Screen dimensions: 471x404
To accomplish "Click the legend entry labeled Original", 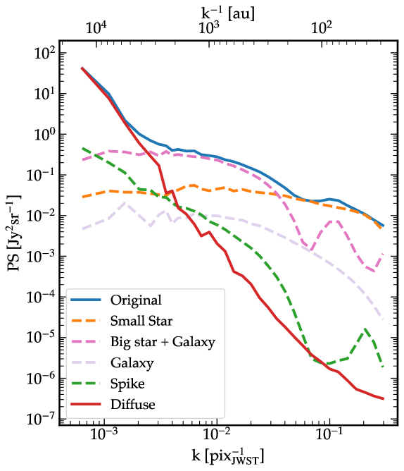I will pos(135,300).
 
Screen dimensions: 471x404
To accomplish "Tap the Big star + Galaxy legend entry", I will pos(162,342).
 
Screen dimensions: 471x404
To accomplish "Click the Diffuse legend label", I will pos(131,405).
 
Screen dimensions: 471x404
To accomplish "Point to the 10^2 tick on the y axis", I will pos(42,54).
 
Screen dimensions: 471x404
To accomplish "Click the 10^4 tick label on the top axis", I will pos(96,28).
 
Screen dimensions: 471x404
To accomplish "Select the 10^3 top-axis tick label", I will pos(209,28).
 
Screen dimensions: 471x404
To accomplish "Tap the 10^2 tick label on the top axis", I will pos(322,28).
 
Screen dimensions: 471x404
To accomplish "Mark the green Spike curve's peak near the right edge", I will pos(365,329).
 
